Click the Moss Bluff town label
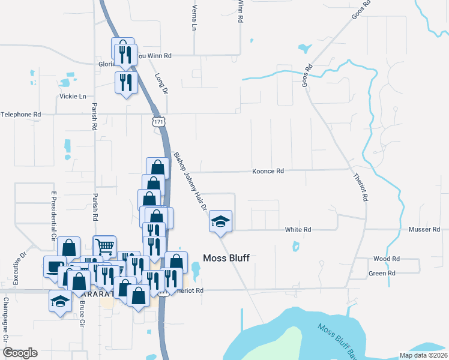tap(226, 258)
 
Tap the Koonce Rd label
tap(268, 171)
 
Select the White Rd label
tap(298, 230)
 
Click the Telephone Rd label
tap(20, 114)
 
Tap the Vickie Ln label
tap(73, 96)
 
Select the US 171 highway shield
tap(158, 122)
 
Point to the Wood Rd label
tap(382, 259)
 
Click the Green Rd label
tap(382, 273)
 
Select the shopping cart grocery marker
tap(104, 245)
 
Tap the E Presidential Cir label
tap(53, 216)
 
